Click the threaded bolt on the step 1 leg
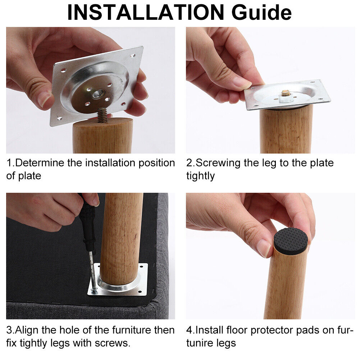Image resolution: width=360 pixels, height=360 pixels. (x=102, y=115)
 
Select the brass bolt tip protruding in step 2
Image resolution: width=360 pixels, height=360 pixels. (x=286, y=93)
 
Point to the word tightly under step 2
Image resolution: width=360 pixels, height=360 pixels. (x=200, y=176)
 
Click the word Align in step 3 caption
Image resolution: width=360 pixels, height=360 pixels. (x=27, y=330)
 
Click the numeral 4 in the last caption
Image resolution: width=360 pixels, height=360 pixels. (x=189, y=330)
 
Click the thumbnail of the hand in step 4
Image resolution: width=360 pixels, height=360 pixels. (x=264, y=248)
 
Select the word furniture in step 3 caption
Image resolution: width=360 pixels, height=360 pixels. (x=132, y=330)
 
